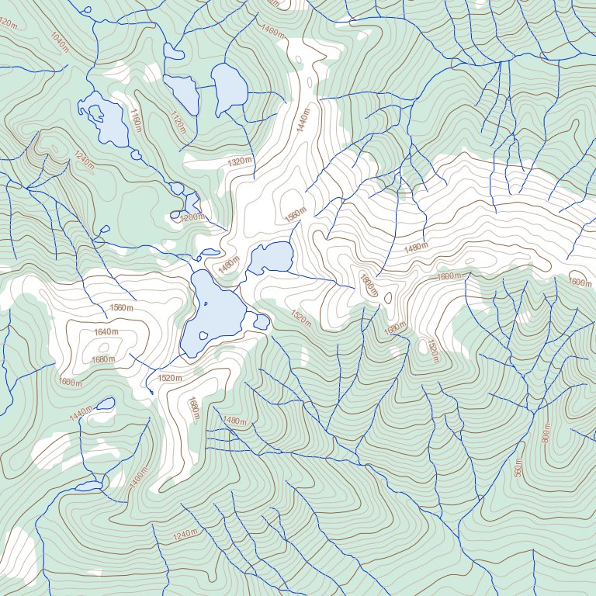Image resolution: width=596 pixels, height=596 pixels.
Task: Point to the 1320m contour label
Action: (x=241, y=161)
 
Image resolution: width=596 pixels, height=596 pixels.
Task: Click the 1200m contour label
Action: (x=193, y=217)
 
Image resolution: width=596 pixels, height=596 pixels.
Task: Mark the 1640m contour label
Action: (x=106, y=332)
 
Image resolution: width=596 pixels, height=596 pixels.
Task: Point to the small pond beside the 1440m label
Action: (x=104, y=404)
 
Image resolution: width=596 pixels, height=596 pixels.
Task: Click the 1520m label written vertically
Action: (x=432, y=351)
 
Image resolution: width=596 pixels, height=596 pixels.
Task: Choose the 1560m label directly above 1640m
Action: (x=122, y=308)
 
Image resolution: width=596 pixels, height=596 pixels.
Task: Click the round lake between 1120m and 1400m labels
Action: (x=230, y=87)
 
